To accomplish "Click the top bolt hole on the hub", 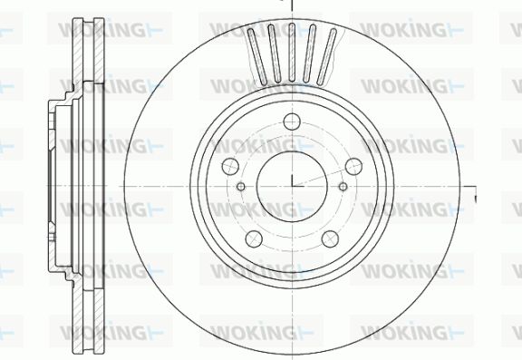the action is [292, 122].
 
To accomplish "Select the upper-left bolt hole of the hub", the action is [230, 166].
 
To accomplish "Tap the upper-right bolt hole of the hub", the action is [353, 166].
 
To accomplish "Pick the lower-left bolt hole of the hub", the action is [254, 238].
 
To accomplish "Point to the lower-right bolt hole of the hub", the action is [330, 238].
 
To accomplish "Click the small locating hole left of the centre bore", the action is [241, 186].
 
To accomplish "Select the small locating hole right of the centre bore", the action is [343, 186].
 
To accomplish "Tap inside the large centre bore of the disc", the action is [292, 186].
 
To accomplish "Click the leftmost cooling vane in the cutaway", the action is [257, 56].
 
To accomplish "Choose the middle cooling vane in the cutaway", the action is [292, 53].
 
